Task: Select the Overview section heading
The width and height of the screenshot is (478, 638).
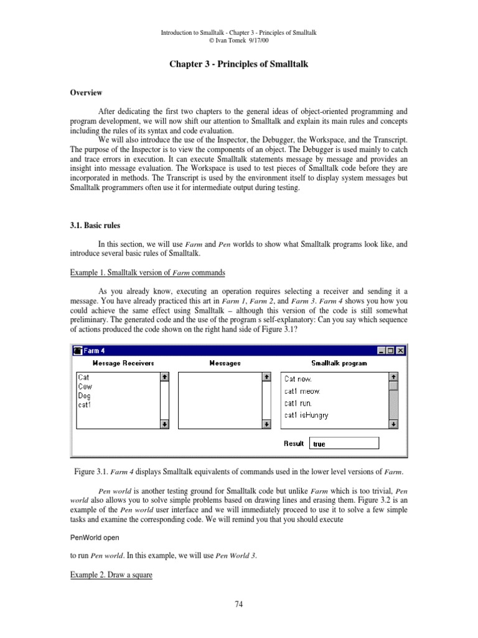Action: (85, 93)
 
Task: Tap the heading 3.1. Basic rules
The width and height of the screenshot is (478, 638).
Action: (93, 218)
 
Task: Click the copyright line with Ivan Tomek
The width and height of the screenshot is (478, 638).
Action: (238, 40)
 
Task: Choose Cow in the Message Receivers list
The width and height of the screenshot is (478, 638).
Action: (85, 386)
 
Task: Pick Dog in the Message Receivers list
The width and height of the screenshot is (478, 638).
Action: (85, 396)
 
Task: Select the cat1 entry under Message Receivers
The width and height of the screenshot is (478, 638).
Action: (85, 405)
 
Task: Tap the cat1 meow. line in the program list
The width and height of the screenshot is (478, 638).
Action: (302, 391)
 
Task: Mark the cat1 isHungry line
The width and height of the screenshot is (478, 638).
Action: (306, 415)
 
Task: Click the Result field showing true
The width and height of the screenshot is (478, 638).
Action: (344, 444)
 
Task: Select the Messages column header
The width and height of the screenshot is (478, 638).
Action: (225, 363)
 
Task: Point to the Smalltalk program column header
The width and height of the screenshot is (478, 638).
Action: (339, 363)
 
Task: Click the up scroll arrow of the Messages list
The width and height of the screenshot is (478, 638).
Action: (266, 377)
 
